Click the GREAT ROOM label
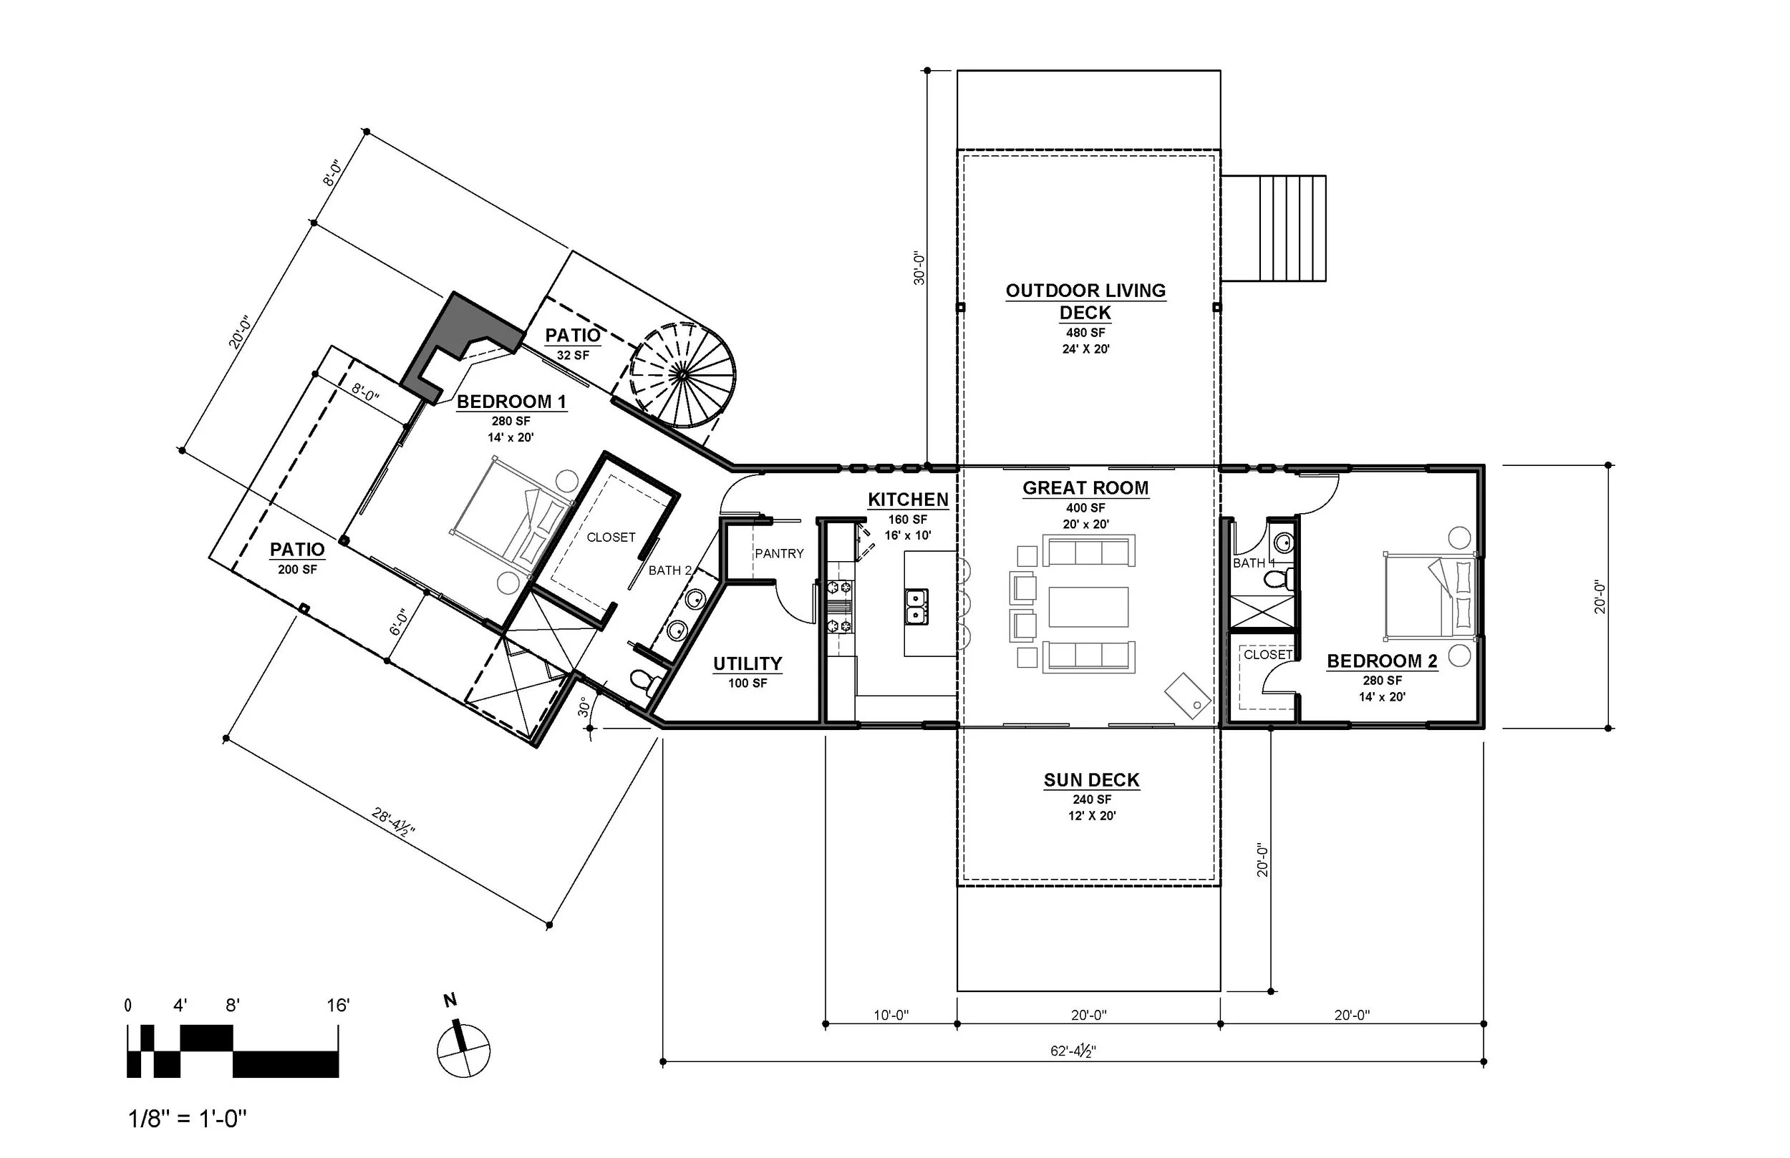click(1085, 488)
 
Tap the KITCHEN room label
click(908, 500)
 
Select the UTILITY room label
click(747, 663)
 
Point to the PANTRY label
click(779, 553)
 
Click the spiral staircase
click(682, 374)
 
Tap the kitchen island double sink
click(916, 607)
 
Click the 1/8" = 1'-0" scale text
click(188, 1119)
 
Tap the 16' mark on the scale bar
click(338, 1006)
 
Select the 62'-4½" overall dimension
click(1073, 1051)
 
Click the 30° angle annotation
click(584, 707)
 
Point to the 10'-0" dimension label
click(891, 1015)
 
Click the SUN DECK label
click(1091, 781)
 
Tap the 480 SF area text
click(1085, 332)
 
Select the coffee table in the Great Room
click(1088, 607)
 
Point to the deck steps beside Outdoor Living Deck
click(1272, 228)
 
